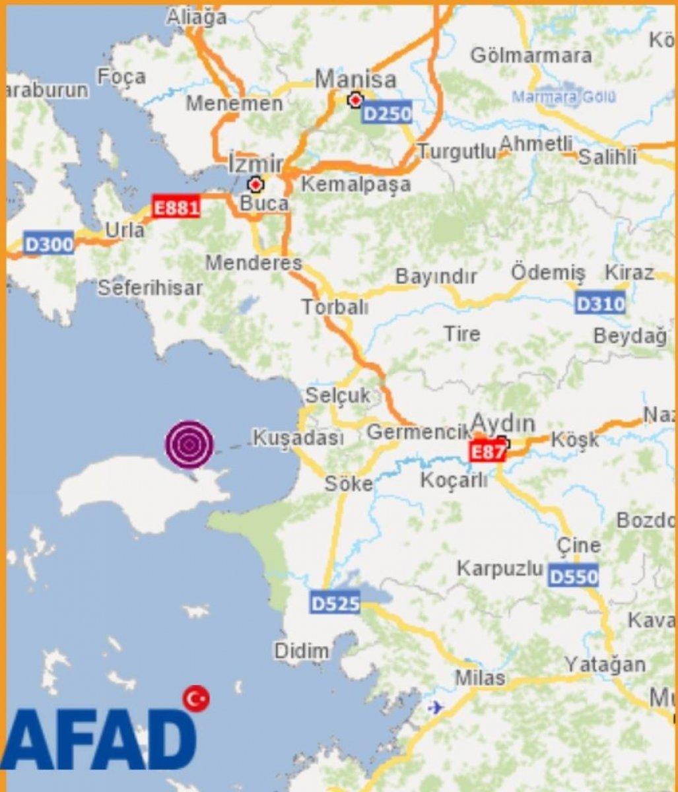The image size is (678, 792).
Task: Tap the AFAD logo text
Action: coord(99,740)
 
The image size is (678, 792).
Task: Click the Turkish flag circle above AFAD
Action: coord(196,698)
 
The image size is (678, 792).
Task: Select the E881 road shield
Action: coord(176,207)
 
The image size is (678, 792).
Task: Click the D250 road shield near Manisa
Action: coord(388,114)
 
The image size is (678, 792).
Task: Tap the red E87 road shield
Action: coord(487,451)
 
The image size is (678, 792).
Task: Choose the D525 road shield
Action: coord(335,603)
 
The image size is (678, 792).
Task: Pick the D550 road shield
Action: coord(574,576)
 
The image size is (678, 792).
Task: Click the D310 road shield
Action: coord(600,304)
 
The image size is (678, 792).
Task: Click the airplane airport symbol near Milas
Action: coord(435,708)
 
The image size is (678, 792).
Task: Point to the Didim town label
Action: coord(302,651)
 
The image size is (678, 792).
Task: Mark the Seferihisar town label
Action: coord(150,288)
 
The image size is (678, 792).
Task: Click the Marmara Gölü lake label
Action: coord(564,97)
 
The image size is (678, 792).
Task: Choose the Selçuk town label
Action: coord(337,396)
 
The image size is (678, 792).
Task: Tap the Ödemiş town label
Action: coord(548,272)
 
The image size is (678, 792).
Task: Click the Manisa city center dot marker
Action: coord(356,100)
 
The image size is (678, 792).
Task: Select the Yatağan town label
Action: coord(605,665)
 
